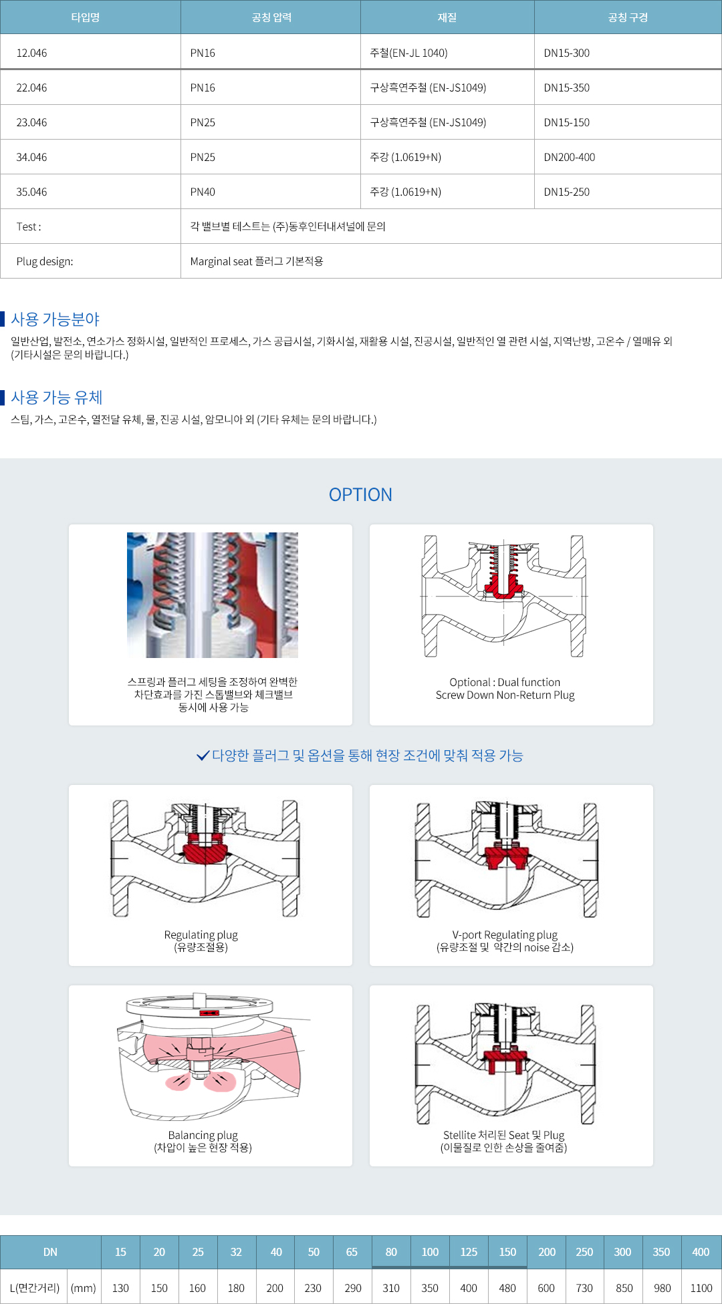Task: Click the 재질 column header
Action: [x=447, y=17]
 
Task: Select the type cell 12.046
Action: [x=31, y=53]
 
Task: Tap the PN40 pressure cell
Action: [x=203, y=192]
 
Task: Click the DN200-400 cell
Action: [x=570, y=157]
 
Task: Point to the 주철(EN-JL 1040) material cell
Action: [x=408, y=53]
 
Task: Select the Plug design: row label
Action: [x=45, y=261]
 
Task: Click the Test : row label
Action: [x=29, y=226]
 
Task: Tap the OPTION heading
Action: [x=360, y=494]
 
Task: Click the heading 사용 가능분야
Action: [x=55, y=319]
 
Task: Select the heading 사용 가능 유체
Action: [x=57, y=397]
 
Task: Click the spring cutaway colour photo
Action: [x=213, y=595]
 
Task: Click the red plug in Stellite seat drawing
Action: [x=505, y=1058]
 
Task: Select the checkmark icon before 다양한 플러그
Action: [x=203, y=756]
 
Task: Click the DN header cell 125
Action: [x=469, y=1252]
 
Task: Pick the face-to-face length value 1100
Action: [x=701, y=1288]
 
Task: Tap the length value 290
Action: [x=352, y=1288]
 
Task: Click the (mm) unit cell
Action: [x=84, y=1288]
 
